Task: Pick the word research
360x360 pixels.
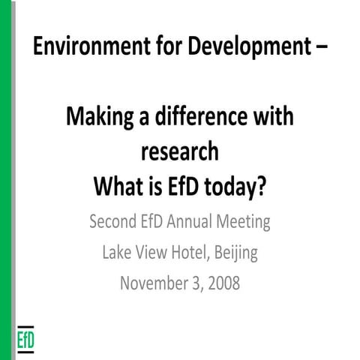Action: coord(180,151)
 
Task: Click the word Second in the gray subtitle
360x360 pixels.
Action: coord(114,222)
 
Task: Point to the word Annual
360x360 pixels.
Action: coord(194,222)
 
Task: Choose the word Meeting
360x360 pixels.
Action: coord(244,223)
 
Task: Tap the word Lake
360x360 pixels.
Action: coord(118,253)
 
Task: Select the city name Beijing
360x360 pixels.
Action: coord(235,253)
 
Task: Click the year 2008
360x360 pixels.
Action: coord(223,283)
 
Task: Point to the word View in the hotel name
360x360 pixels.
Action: coord(152,253)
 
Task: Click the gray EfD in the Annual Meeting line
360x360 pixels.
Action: coord(156,222)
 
